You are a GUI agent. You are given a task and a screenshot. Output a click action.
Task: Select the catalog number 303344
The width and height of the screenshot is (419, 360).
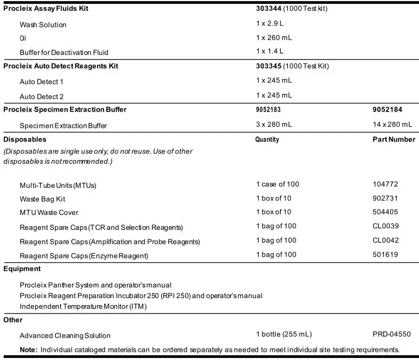tap(268, 9)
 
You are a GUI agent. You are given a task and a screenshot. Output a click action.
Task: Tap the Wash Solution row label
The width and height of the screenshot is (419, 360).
tap(43, 25)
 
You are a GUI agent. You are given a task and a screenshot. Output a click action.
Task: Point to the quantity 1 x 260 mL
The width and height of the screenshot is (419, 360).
tap(274, 37)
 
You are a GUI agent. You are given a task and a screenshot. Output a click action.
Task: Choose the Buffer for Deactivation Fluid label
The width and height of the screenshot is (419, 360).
tap(64, 52)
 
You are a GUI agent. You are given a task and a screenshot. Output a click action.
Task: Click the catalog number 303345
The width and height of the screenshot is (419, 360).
tap(268, 66)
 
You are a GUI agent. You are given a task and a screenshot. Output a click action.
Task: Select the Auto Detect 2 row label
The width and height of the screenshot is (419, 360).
tap(42, 97)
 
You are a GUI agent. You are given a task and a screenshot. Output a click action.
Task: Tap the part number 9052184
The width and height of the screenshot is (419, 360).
tap(388, 109)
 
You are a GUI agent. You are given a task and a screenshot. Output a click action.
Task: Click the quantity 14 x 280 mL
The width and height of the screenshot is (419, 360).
tap(392, 124)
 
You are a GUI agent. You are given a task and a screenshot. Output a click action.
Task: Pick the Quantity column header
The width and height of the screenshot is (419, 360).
tap(267, 139)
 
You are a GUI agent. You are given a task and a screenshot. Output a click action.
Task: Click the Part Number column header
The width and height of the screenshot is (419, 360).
tap(393, 139)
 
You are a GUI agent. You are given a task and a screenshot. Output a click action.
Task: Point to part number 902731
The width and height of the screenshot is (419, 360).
tap(385, 198)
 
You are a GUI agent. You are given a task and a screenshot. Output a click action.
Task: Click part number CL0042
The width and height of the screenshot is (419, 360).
tap(386, 240)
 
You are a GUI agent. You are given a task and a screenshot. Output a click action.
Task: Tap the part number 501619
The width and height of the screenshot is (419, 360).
tap(385, 254)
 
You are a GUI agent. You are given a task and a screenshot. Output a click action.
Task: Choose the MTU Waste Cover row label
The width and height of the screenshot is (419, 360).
tap(49, 213)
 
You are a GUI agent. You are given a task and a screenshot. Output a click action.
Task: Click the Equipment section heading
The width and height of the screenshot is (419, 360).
tap(22, 269)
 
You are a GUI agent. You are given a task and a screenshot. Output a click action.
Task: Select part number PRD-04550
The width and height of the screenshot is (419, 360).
tap(392, 334)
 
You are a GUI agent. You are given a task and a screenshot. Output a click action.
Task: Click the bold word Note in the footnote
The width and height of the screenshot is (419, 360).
tap(28, 350)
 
